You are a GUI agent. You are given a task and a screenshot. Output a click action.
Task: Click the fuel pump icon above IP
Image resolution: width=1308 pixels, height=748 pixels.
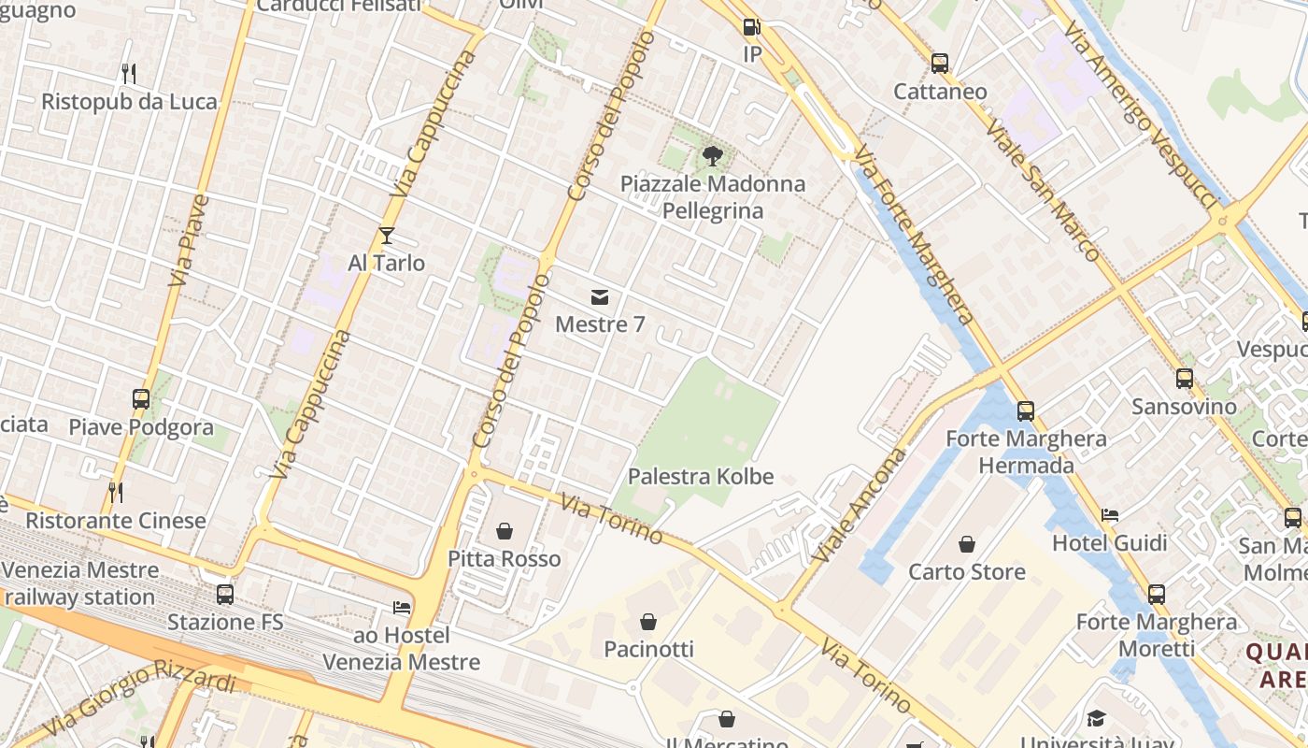pos(752,27)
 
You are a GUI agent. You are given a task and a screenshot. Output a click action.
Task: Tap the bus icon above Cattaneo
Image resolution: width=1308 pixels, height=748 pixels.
pos(940,63)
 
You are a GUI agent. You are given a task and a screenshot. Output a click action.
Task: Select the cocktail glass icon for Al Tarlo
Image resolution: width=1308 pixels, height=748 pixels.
pos(387,236)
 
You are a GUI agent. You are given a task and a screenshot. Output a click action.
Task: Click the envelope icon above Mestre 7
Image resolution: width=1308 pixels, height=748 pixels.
pos(600,297)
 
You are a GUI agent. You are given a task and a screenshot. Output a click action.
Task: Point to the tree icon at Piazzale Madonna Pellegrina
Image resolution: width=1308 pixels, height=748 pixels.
pos(713,155)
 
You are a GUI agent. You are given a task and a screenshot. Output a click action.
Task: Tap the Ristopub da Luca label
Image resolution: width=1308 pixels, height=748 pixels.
pos(129,101)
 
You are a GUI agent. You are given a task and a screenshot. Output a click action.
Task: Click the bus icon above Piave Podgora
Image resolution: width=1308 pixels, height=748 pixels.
pos(141,399)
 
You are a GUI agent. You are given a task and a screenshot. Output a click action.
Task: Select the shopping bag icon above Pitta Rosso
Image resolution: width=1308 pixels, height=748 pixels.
pos(505,531)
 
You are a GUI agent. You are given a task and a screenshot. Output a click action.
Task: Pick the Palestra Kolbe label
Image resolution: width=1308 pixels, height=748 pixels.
pos(701,476)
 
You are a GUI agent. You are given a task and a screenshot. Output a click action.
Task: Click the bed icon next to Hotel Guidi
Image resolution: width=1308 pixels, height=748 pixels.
pos(1110,514)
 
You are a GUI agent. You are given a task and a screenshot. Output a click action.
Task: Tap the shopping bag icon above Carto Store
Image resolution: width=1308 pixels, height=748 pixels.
pos(967,543)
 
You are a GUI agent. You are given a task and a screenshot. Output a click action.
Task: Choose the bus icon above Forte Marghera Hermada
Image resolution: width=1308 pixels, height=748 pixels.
pos(1026,410)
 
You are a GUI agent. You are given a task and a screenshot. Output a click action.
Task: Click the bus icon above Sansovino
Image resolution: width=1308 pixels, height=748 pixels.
pos(1185,379)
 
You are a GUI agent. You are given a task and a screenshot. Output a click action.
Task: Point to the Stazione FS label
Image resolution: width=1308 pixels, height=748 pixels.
pos(225,622)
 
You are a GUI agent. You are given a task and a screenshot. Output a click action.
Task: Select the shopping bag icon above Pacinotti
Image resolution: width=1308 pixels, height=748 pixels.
pos(648,621)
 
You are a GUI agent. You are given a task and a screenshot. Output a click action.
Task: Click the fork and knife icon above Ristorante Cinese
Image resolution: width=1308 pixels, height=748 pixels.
pos(116,492)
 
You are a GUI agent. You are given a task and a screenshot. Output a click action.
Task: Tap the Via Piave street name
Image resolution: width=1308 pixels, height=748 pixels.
pos(190,240)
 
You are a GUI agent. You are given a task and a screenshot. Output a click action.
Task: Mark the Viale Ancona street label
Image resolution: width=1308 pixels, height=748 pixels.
pos(860,505)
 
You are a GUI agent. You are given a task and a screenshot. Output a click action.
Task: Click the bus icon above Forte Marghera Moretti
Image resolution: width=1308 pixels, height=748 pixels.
pos(1157,594)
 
